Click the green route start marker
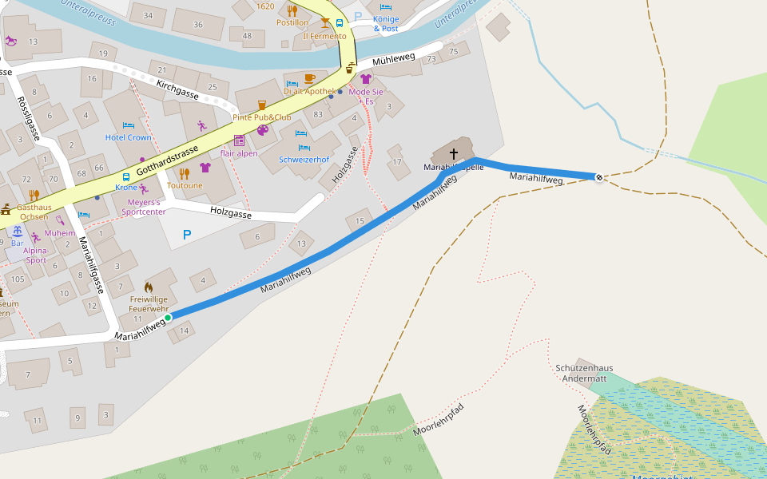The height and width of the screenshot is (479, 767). click(x=168, y=318)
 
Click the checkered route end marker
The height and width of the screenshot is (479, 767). click(x=599, y=176)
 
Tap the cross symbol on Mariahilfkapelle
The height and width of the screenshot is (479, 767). click(x=454, y=153)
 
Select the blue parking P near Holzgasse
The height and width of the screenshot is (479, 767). click(x=187, y=236)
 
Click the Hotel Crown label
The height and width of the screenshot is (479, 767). click(x=129, y=137)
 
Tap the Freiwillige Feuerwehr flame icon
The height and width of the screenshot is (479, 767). click(x=149, y=287)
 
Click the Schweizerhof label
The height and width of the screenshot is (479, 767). click(x=304, y=159)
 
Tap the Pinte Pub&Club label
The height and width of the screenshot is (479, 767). click(x=261, y=117)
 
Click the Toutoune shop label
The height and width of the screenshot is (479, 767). click(x=185, y=185)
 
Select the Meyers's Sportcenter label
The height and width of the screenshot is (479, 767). click(x=143, y=206)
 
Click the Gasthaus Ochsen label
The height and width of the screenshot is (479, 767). click(x=34, y=212)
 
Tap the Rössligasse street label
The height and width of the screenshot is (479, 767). click(x=29, y=118)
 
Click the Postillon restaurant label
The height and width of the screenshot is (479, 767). click(x=292, y=22)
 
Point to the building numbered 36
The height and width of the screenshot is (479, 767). click(x=198, y=24)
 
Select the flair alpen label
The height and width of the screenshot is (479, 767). click(x=239, y=153)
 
